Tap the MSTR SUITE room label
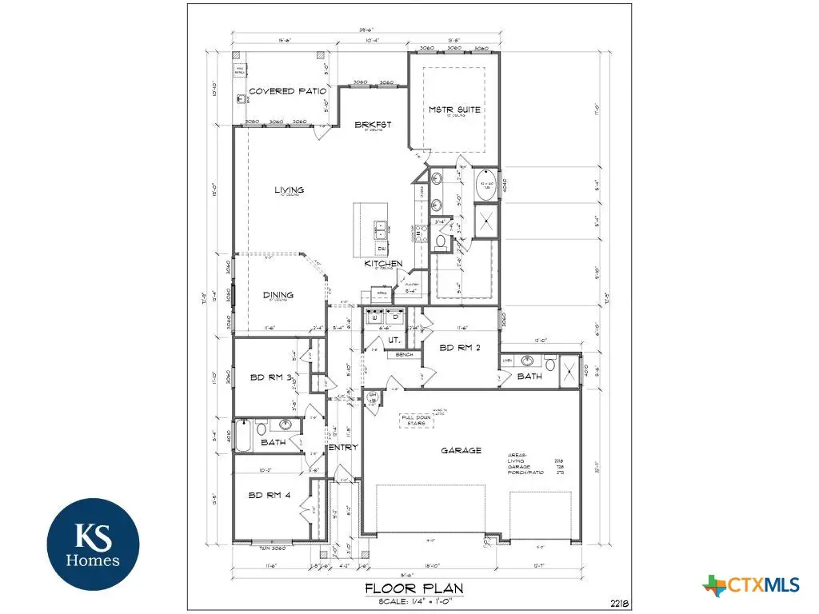[x=454, y=110]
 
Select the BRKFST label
[x=374, y=125]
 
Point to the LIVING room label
[x=289, y=190]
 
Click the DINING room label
[x=278, y=295]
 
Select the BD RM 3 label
[x=270, y=377]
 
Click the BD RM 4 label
[x=270, y=495]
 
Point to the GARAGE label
[x=461, y=450]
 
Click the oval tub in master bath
[x=486, y=185]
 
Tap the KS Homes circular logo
[x=93, y=544]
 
